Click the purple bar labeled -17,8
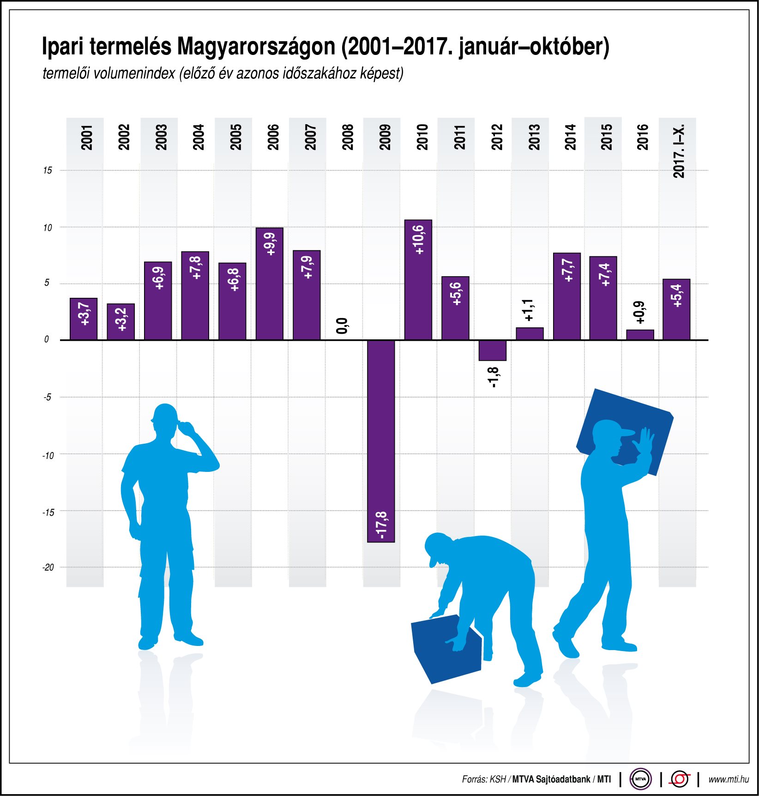pyautogui.click(x=381, y=441)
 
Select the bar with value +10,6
pyautogui.click(x=418, y=280)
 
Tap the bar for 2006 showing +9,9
pyautogui.click(x=269, y=283)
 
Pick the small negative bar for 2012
pyautogui.click(x=492, y=350)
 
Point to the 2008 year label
pyautogui.click(x=348, y=137)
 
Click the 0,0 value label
pyautogui.click(x=342, y=326)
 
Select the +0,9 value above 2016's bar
pyautogui.click(x=640, y=313)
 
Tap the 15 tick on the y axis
pyautogui.click(x=48, y=170)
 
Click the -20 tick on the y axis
pyautogui.click(x=48, y=567)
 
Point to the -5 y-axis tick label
pyautogui.click(x=48, y=397)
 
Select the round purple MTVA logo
pyautogui.click(x=640, y=779)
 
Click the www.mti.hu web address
pyautogui.click(x=728, y=779)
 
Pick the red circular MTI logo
pyautogui.click(x=679, y=779)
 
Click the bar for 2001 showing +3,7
pyautogui.click(x=84, y=319)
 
